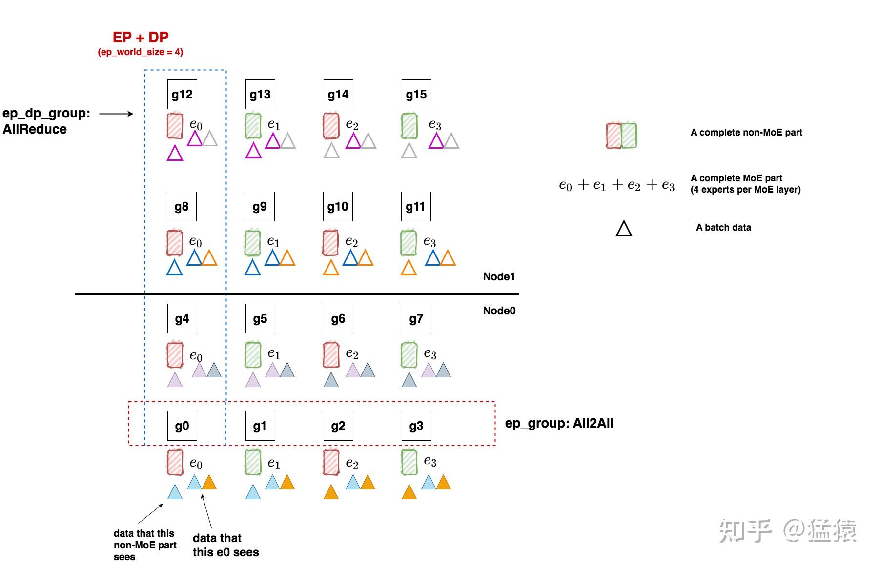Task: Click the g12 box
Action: [x=182, y=94]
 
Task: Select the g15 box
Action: [x=416, y=94]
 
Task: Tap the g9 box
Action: [x=260, y=206]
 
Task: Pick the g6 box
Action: [x=338, y=318]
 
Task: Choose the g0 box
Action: [x=182, y=426]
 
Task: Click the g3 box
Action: [x=416, y=426]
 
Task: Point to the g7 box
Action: [x=416, y=318]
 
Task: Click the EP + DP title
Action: [x=141, y=38]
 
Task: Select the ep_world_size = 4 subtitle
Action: [x=141, y=52]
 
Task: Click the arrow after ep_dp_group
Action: [x=116, y=114]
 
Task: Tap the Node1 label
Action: [x=499, y=276]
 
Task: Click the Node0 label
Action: [x=499, y=311]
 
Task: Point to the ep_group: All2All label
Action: [x=559, y=423]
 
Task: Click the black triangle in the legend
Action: [x=624, y=229]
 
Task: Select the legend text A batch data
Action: [x=723, y=227]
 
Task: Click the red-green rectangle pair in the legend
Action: [x=621, y=136]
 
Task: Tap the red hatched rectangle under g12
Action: [x=175, y=126]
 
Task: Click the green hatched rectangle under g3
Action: [x=409, y=462]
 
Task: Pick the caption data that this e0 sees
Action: [x=225, y=545]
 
